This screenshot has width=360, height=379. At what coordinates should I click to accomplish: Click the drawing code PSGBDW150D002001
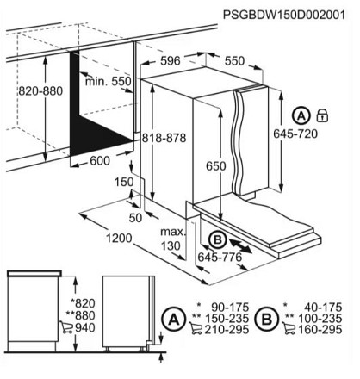(284, 15)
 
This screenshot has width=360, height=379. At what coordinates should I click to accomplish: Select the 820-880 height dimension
(40, 91)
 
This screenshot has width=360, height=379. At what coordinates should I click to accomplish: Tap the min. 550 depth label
(108, 81)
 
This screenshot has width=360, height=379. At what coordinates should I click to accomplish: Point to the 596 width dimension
(171, 61)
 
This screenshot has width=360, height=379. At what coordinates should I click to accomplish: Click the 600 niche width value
(100, 161)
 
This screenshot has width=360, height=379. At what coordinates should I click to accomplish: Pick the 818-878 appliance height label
(164, 138)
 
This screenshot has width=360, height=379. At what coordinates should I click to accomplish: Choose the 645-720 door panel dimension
(295, 134)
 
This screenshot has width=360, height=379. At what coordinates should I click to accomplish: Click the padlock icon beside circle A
(322, 115)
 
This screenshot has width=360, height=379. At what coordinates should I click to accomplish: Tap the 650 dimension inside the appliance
(216, 166)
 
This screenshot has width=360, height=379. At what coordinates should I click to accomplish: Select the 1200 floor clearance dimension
(119, 238)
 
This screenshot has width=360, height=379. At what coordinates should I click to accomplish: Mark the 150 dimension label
(124, 182)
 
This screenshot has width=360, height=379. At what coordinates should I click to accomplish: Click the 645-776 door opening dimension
(220, 257)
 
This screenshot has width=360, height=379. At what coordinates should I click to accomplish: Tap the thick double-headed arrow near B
(240, 246)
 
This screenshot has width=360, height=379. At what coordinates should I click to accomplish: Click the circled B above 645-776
(218, 240)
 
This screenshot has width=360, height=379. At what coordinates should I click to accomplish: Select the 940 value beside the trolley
(85, 327)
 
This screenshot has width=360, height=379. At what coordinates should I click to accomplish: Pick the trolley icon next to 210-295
(196, 329)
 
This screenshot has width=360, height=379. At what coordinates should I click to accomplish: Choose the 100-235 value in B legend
(320, 319)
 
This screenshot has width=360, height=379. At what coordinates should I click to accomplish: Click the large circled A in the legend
(173, 320)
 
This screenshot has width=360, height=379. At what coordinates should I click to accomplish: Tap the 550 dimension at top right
(234, 61)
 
